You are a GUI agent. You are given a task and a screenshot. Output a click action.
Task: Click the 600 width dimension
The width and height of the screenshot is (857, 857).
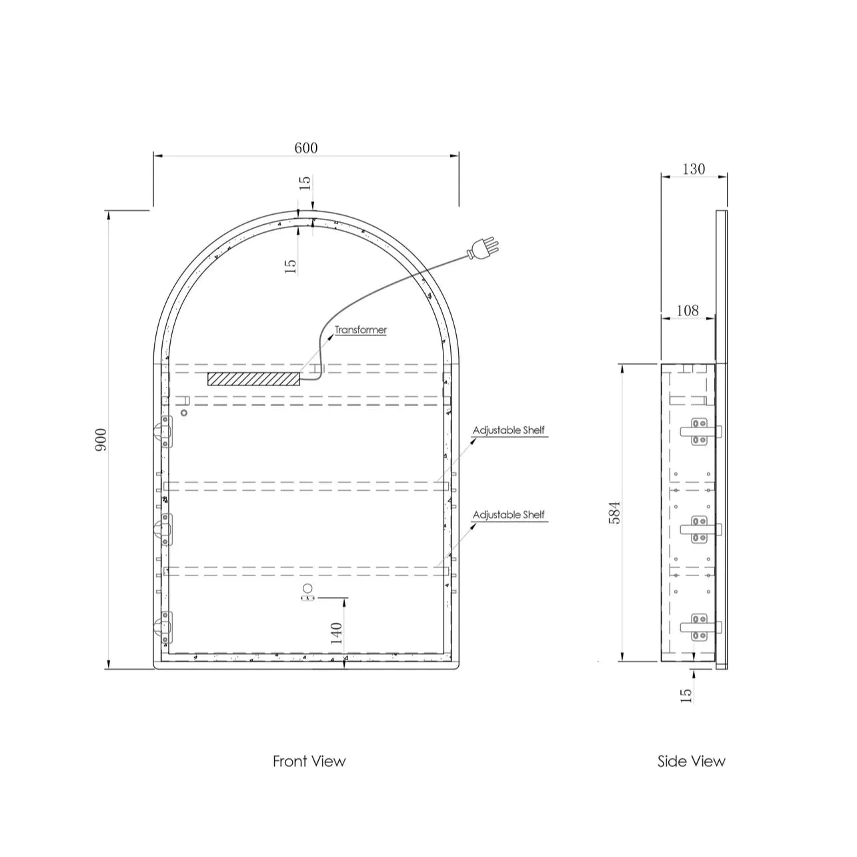[x=306, y=147]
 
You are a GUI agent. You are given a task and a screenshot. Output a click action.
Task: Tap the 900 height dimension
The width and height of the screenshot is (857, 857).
[x=101, y=440]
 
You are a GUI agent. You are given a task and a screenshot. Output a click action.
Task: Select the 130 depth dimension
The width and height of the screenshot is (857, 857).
[x=694, y=169]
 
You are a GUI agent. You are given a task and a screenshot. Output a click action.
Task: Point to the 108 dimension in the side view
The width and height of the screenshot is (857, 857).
[x=688, y=310]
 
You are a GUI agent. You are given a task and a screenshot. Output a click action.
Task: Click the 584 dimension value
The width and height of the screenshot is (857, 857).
[x=614, y=513]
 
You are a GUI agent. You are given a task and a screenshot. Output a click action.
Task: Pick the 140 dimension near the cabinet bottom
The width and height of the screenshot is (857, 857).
[x=336, y=634]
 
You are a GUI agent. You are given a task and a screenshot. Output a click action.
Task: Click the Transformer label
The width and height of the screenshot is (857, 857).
[x=361, y=330]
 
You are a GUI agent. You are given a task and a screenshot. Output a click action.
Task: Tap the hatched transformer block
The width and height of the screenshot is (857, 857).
[x=253, y=379]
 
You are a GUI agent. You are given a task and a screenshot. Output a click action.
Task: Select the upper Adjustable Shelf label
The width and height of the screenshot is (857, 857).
[x=509, y=431]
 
